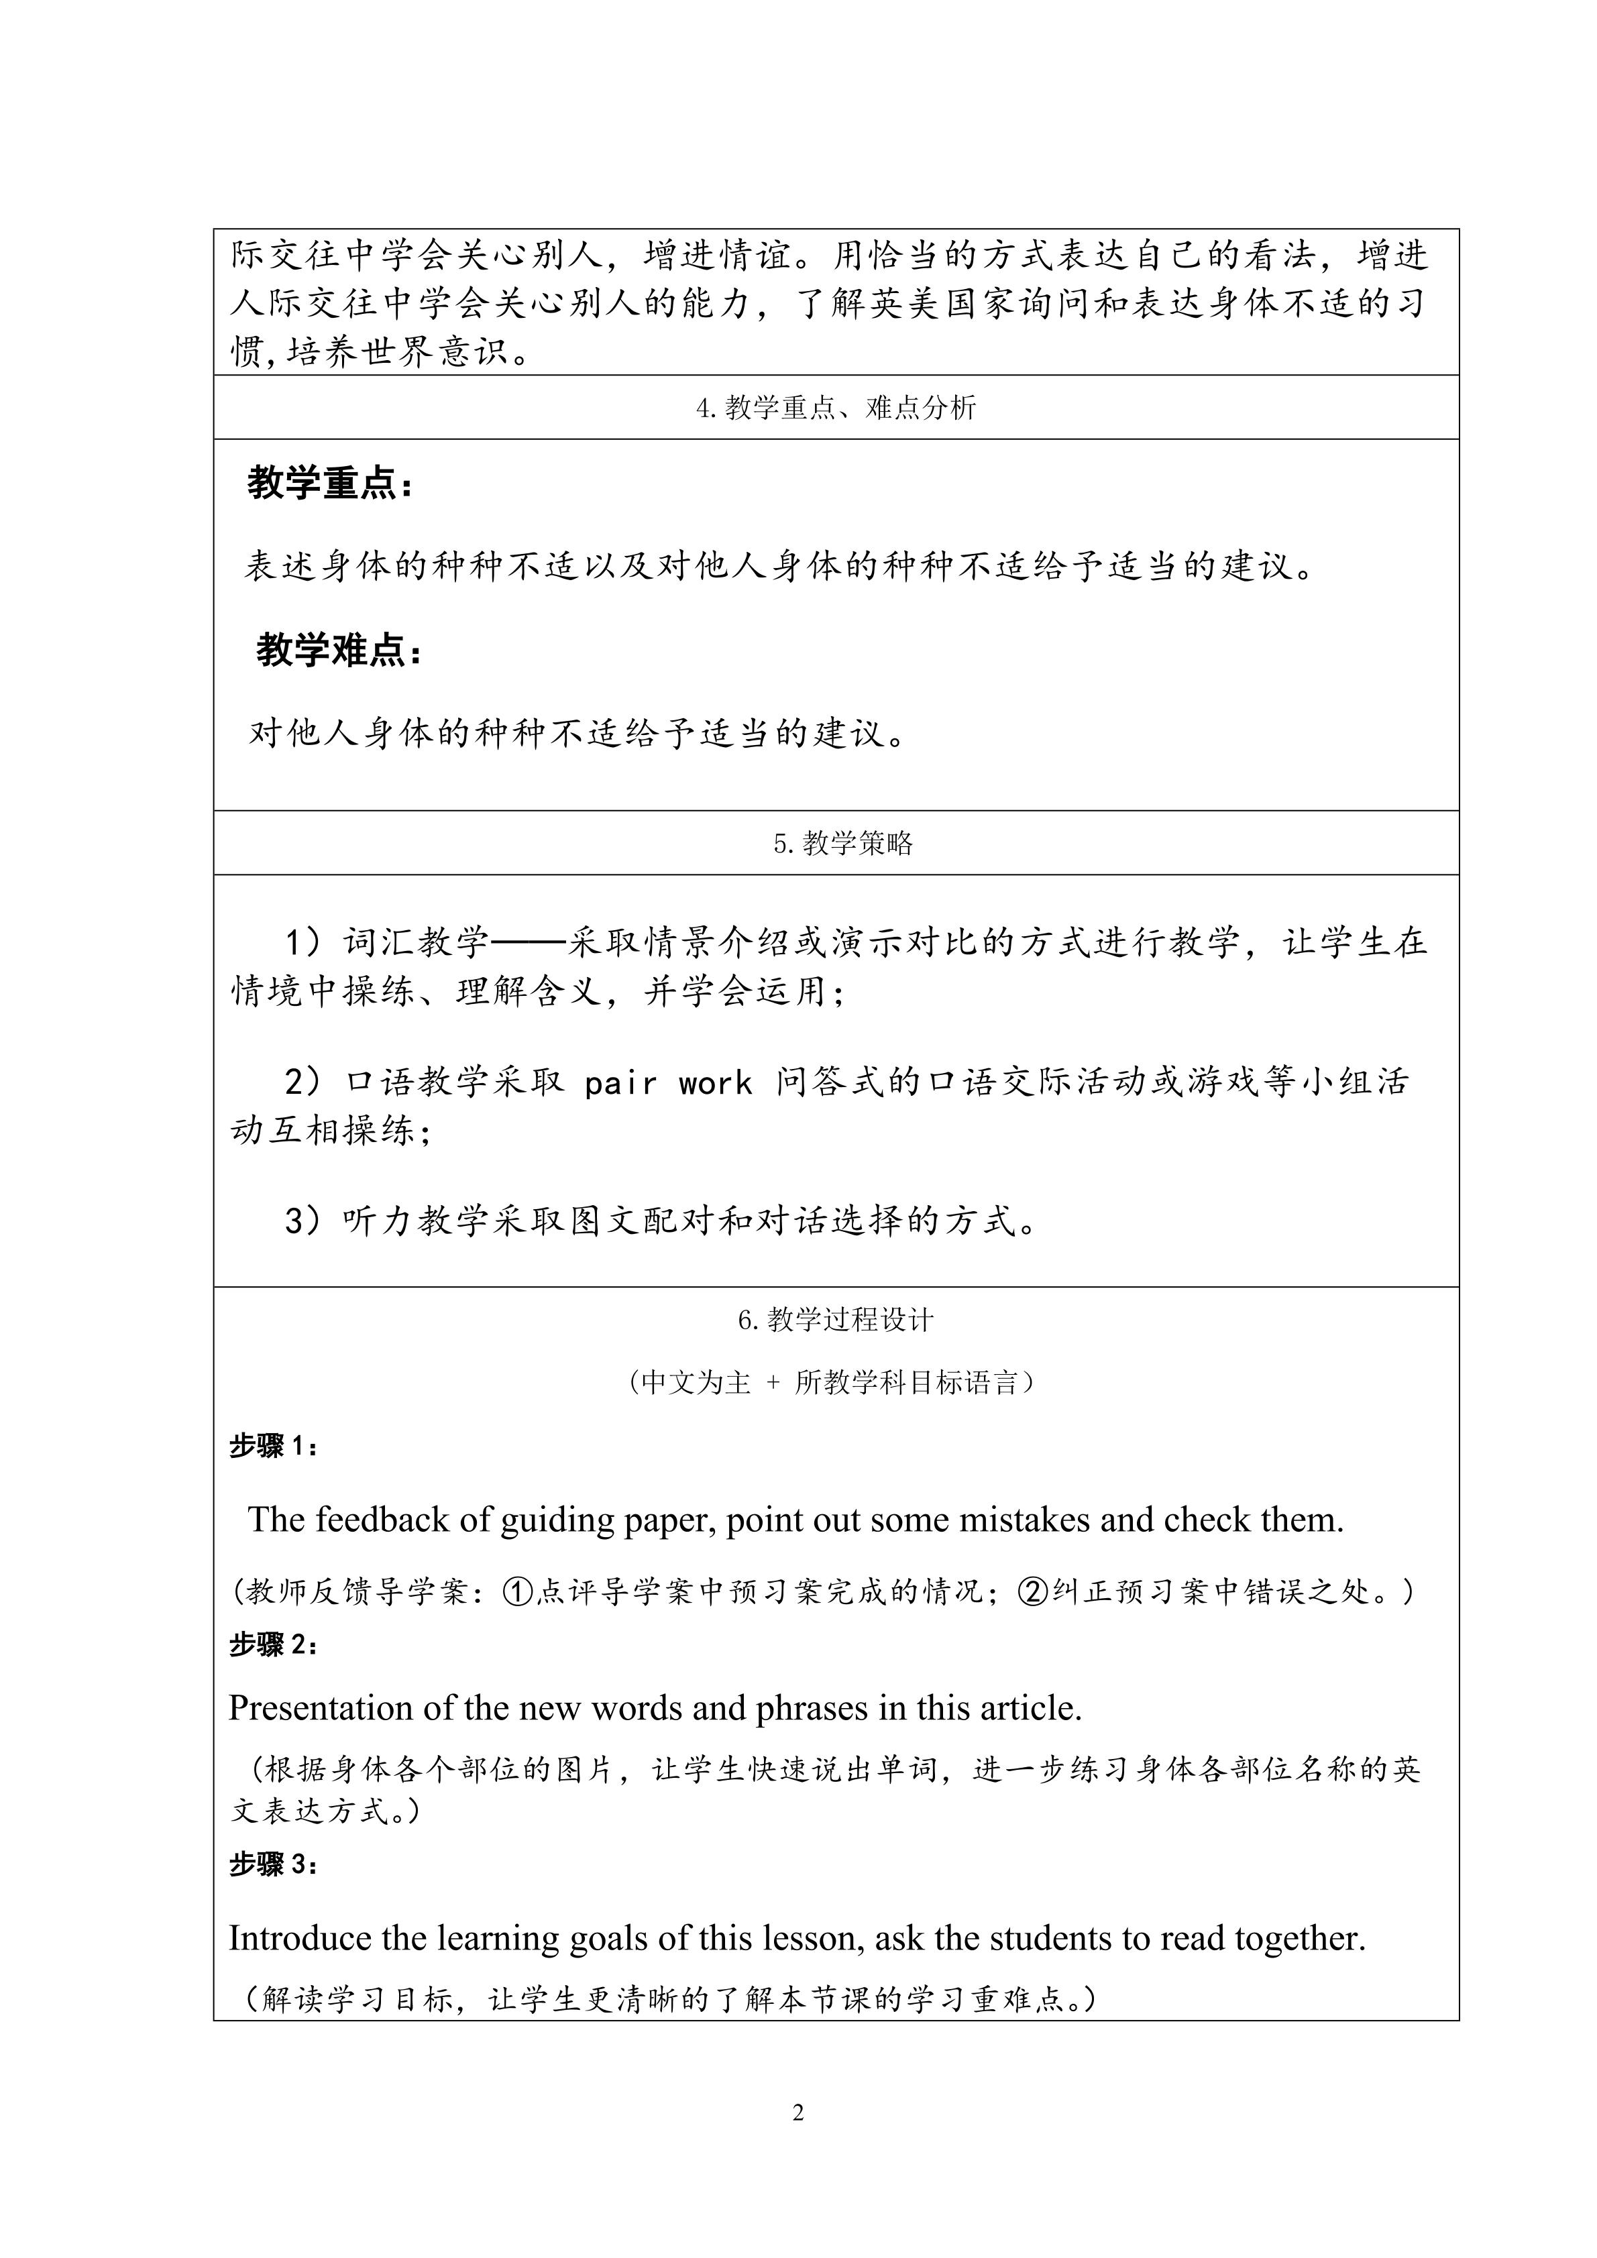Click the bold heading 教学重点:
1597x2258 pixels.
click(329, 485)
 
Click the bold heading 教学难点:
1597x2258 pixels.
click(338, 651)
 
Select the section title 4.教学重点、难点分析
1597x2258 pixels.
click(836, 408)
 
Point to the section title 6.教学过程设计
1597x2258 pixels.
click(836, 1320)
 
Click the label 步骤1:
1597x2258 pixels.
click(274, 1447)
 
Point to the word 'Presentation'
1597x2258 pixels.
click(321, 1708)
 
